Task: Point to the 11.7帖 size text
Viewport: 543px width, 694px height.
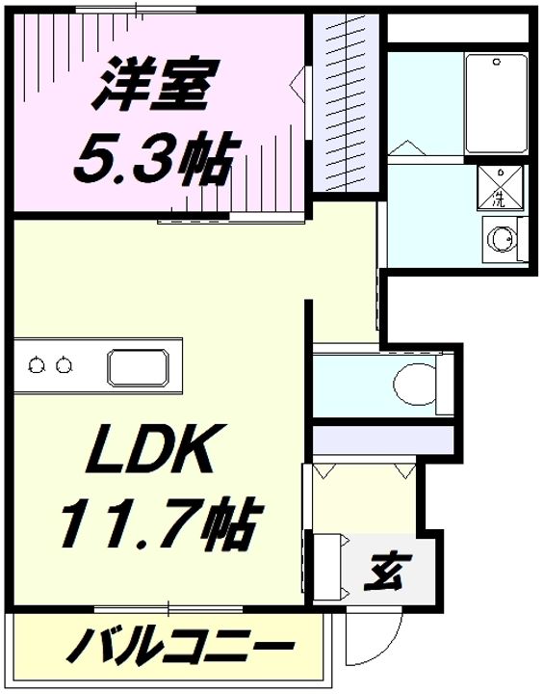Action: coord(162,522)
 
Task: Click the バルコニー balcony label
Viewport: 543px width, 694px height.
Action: coord(179,646)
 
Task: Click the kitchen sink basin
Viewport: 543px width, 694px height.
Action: coord(138,367)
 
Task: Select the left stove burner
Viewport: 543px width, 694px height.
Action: coord(37,365)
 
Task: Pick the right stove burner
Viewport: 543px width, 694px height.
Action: coord(65,365)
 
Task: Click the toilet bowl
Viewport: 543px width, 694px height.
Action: coord(415,385)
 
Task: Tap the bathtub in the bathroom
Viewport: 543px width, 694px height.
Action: coord(496,103)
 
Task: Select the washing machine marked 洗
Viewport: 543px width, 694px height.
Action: coord(500,187)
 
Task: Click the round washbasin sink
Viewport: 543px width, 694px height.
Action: coord(503,239)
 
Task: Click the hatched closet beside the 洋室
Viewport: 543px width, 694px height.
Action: coord(346,103)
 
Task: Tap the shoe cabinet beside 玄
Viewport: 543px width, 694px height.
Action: coord(328,567)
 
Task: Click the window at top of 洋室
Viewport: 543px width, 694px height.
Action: coord(136,10)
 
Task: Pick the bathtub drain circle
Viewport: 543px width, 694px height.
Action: coord(497,62)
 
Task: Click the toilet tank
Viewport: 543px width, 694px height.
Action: coord(445,385)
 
